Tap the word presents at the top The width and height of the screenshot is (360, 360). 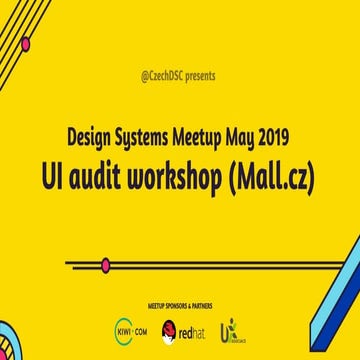tap(200, 74)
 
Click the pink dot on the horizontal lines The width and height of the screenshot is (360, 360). tap(106, 265)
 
